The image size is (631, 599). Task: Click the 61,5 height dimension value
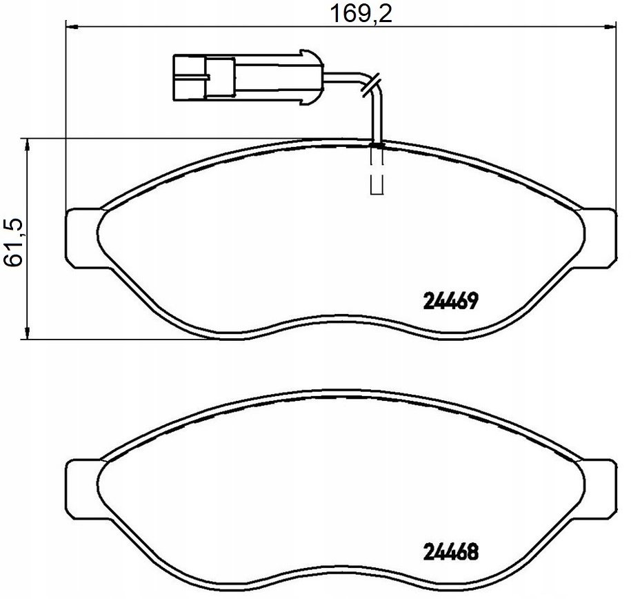coord(13,244)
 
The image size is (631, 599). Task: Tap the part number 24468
coord(450,552)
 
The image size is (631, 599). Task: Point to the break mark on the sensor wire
coord(370,85)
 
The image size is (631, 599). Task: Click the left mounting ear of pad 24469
coord(83,237)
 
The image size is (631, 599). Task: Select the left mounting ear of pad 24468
coord(83,488)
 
